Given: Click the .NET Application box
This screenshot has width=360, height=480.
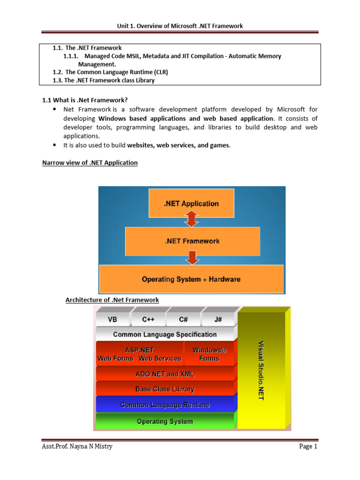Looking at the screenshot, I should pyautogui.click(x=191, y=203).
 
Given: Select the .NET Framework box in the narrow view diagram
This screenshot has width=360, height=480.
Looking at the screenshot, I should pyautogui.click(x=192, y=241).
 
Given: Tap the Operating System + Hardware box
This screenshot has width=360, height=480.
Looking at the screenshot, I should pyautogui.click(x=191, y=279).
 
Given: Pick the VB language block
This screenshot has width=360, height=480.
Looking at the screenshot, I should pyautogui.click(x=113, y=319).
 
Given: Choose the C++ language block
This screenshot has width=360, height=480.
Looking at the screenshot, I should pyautogui.click(x=148, y=319).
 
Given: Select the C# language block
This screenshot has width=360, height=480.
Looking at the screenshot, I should pyautogui.click(x=183, y=319).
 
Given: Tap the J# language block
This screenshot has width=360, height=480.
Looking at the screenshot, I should pyautogui.click(x=217, y=319).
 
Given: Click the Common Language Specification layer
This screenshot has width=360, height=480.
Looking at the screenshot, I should pyautogui.click(x=165, y=334).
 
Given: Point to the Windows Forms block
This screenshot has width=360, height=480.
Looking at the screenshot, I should pyautogui.click(x=209, y=354).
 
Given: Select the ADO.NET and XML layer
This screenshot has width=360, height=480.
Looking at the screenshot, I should pyautogui.click(x=165, y=374).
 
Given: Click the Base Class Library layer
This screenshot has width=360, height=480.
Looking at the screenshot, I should pyautogui.click(x=165, y=389).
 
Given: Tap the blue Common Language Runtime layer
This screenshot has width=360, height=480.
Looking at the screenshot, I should pyautogui.click(x=165, y=405).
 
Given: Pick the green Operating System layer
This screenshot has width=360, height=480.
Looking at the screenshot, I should pyautogui.click(x=165, y=421).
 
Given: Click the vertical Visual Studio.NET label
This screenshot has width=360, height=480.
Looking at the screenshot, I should pyautogui.click(x=261, y=370).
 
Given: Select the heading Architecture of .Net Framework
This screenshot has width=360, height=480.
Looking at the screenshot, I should pyautogui.click(x=112, y=300).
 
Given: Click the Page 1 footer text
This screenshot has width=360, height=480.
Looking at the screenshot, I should pyautogui.click(x=308, y=459).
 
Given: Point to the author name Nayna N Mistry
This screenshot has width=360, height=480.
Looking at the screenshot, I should pyautogui.click(x=93, y=459).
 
